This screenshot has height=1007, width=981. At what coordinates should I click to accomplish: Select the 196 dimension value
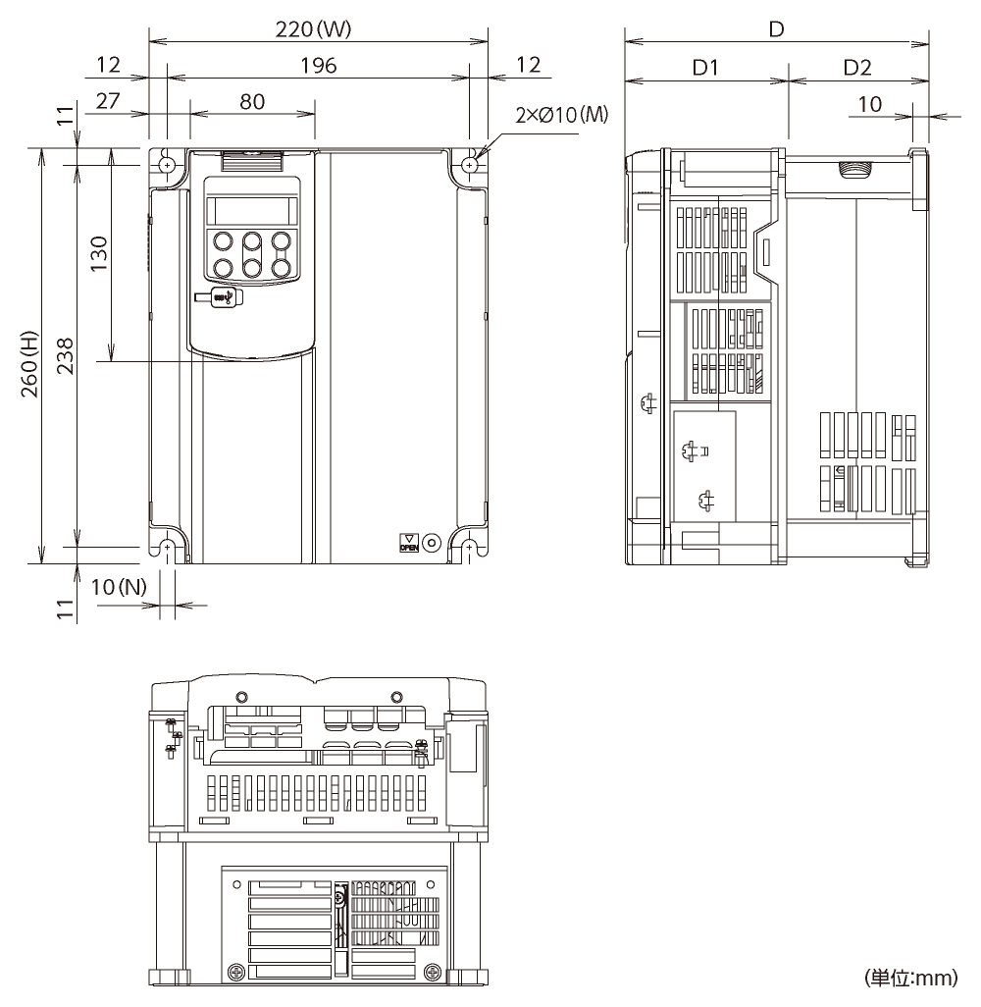click(318, 66)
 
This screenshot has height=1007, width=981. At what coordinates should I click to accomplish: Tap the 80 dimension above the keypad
click(252, 101)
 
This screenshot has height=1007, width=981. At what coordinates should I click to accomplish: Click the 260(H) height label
click(29, 356)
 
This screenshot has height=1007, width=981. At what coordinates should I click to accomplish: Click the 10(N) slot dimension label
click(118, 587)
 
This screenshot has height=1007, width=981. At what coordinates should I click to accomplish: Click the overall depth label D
click(776, 29)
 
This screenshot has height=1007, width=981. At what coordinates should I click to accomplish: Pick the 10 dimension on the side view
click(869, 103)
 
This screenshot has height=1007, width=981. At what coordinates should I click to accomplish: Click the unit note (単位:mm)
click(910, 978)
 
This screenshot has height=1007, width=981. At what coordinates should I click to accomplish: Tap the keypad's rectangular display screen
click(250, 210)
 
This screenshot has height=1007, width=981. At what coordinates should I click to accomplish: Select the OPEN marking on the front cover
click(408, 543)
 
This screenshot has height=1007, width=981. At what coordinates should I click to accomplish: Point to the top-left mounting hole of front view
click(167, 166)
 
